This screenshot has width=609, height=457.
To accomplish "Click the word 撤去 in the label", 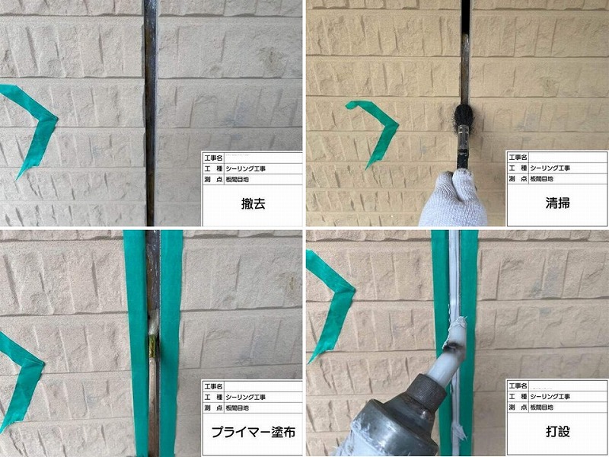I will click(x=251, y=205).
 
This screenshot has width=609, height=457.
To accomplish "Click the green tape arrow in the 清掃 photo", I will click(x=377, y=129).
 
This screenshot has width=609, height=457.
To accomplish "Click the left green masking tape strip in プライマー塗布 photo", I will click(x=137, y=343).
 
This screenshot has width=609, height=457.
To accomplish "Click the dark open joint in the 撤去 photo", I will click(x=151, y=114).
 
